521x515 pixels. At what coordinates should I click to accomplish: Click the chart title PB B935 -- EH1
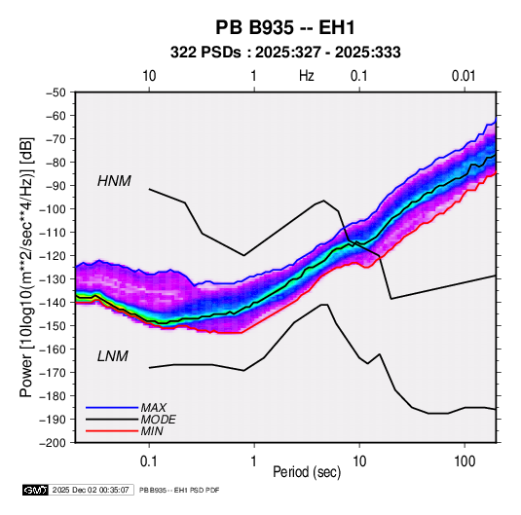285,27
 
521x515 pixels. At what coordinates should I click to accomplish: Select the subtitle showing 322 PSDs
285,53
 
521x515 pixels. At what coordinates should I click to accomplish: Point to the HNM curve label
114,181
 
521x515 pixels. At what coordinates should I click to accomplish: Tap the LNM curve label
113,356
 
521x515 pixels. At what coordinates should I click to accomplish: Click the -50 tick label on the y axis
56,92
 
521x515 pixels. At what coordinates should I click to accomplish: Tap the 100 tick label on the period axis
465,461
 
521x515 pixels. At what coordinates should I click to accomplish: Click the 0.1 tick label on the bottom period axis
149,461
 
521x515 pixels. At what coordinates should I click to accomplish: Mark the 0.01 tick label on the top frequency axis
464,76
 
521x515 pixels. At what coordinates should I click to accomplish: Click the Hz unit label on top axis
307,76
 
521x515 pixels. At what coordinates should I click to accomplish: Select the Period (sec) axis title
307,472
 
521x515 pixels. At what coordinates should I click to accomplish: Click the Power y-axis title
26,267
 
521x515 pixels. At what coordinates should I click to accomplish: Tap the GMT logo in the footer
35,490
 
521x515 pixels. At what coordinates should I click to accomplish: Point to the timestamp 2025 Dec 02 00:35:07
91,490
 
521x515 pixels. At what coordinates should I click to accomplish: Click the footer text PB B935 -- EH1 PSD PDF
179,490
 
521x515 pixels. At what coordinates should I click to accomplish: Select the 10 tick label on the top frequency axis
149,76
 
